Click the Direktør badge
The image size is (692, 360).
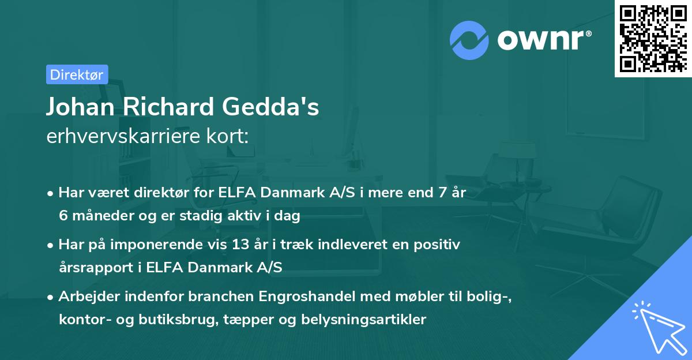tap(77, 74)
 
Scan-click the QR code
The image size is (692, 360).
tap(653, 38)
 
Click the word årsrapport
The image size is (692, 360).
tap(94, 267)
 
